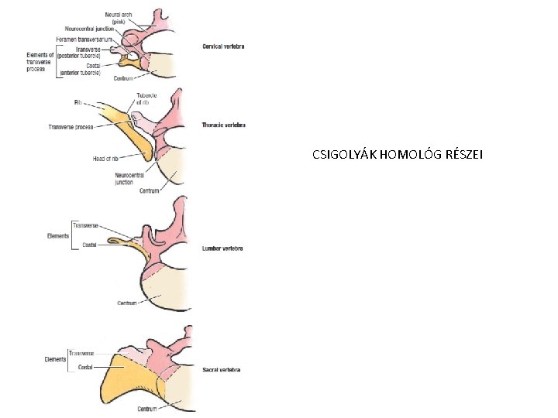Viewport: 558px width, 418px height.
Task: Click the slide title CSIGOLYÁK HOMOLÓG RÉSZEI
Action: (397, 155)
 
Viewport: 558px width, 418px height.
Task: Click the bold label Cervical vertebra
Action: (222, 46)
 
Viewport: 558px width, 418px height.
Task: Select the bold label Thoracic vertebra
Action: (223, 125)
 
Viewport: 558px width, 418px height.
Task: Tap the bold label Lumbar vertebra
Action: (222, 248)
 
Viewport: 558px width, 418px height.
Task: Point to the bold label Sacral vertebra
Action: (221, 370)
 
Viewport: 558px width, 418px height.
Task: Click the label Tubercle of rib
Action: (146, 98)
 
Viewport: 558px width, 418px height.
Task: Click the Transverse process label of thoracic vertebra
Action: (71, 127)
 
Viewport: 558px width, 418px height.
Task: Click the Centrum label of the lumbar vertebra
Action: (127, 303)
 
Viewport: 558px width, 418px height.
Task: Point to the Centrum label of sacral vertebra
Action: (146, 408)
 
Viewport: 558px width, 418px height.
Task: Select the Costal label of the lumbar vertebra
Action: (90, 245)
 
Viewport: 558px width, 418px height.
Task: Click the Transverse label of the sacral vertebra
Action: (81, 353)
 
